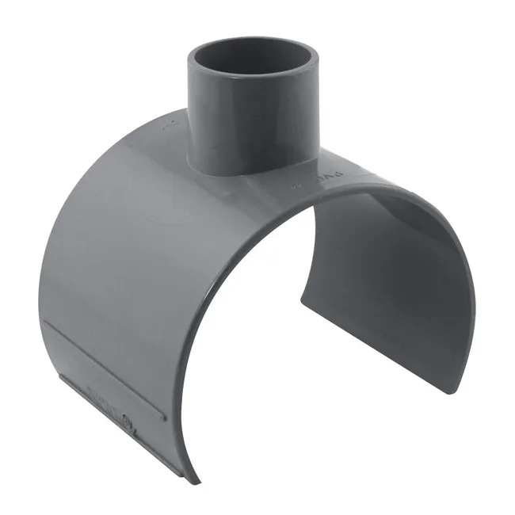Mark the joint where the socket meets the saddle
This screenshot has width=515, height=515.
click(238, 171)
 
